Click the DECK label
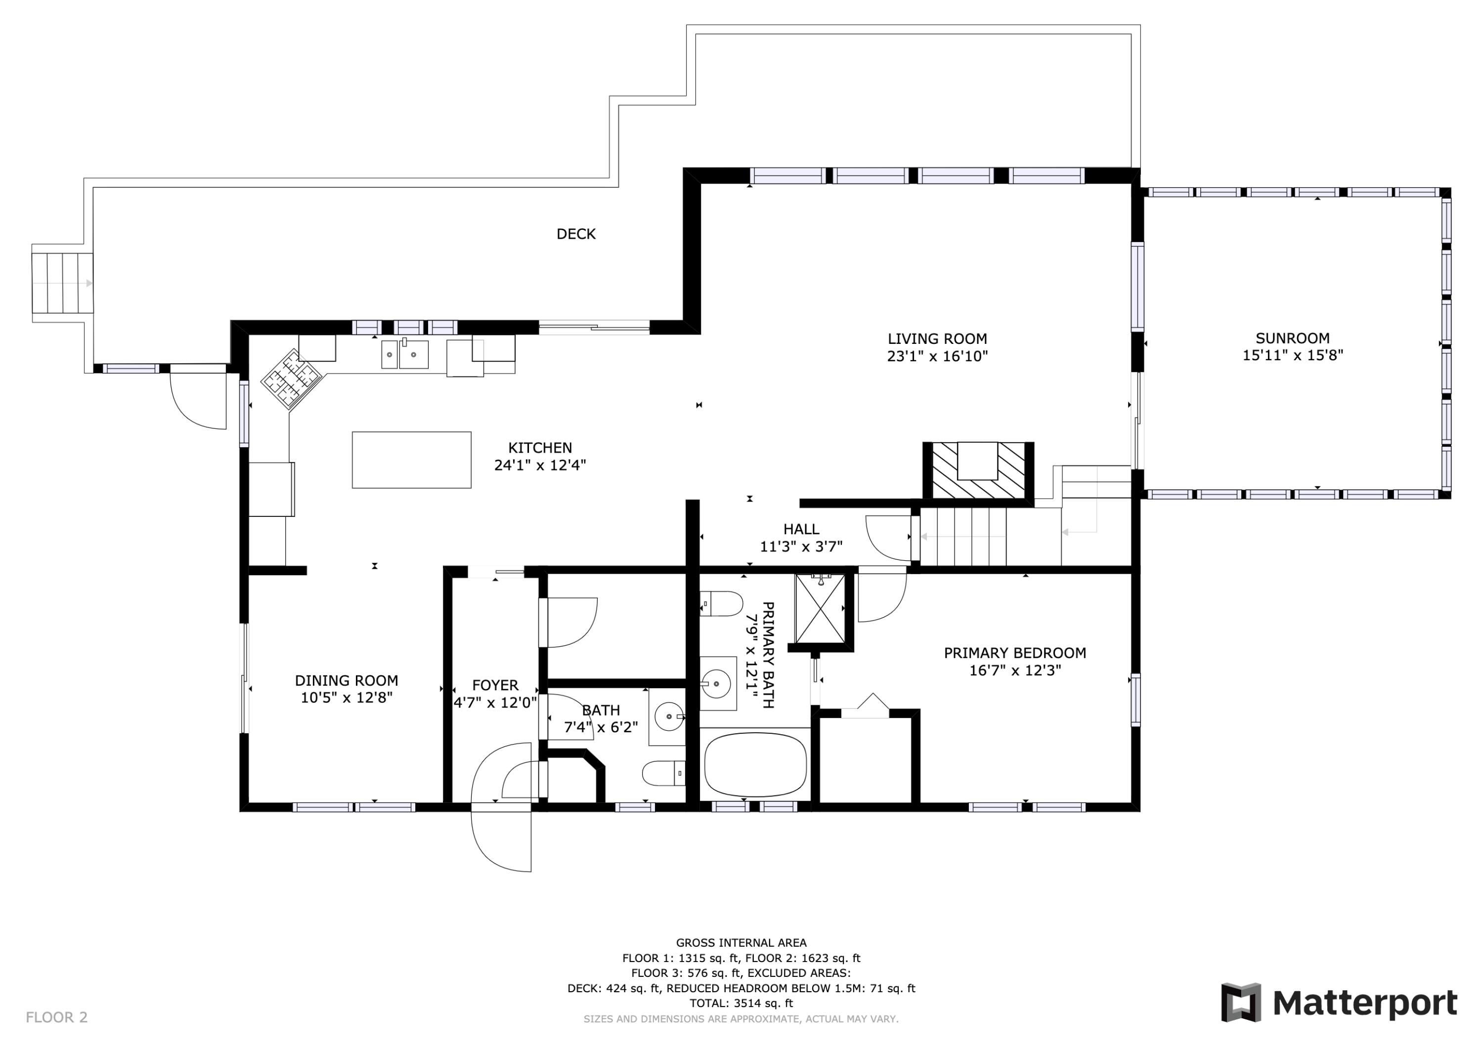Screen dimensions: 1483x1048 point(575,234)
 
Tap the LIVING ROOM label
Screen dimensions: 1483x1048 point(937,338)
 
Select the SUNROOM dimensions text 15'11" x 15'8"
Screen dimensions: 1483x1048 point(1293,355)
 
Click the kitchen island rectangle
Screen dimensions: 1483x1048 point(411,460)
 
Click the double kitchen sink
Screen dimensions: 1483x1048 point(404,354)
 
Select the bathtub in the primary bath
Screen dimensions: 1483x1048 point(755,764)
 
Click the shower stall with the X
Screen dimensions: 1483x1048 point(820,608)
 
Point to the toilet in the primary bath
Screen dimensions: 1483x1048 point(721,604)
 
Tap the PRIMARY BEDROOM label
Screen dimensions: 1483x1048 point(1015,653)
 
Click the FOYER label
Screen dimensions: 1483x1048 point(495,685)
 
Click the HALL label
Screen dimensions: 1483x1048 point(802,529)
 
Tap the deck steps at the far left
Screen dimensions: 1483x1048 point(63,283)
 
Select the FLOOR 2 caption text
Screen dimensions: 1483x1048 point(57,1017)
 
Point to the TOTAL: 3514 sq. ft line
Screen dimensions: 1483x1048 point(741,1003)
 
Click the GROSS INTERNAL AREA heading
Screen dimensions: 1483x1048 point(741,943)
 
